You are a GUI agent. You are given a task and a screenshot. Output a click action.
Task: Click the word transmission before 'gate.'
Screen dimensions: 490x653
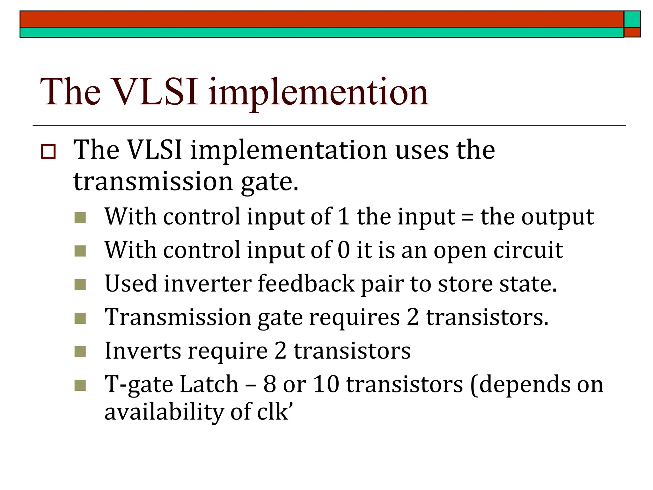point(153,181)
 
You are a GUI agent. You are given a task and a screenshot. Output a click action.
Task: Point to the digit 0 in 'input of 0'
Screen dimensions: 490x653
point(344,250)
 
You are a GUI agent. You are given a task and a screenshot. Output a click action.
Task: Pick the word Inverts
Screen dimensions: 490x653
point(143,351)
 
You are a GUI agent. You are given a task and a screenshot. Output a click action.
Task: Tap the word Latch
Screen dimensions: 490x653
point(209,384)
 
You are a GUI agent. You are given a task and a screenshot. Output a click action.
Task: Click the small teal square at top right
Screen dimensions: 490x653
point(632,19)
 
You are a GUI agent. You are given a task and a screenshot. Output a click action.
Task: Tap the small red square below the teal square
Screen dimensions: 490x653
point(632,32)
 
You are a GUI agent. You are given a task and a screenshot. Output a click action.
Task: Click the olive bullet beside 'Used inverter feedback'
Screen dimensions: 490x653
point(80,285)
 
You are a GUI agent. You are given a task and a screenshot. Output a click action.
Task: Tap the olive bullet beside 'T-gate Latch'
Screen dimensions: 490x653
point(80,385)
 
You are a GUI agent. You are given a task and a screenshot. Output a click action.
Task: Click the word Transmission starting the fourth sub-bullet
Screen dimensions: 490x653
point(178,318)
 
